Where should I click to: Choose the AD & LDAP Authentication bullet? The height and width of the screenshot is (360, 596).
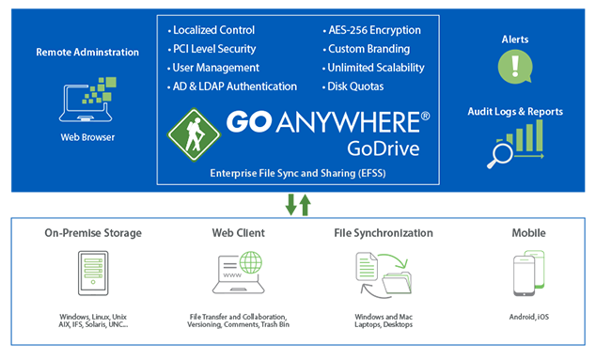[234, 86]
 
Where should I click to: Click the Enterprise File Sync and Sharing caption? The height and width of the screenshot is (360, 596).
[297, 175]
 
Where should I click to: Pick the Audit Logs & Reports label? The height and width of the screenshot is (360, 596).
[515, 112]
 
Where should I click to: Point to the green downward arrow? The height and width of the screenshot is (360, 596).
[290, 205]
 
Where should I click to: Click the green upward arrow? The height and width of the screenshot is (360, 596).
[305, 204]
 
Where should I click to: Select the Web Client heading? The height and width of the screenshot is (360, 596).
[238, 232]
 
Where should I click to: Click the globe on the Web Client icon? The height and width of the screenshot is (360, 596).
[252, 263]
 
